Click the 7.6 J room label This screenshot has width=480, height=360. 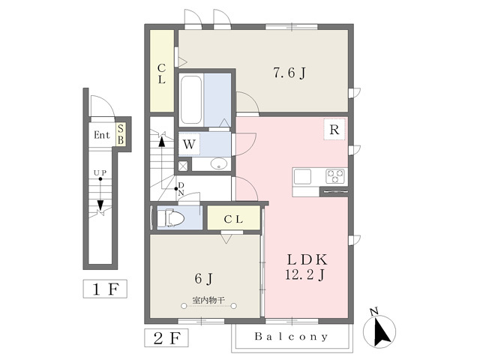[289, 73]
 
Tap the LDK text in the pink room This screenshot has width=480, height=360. [307, 259]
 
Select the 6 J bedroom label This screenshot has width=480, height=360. [203, 278]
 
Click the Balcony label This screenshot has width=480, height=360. [291, 337]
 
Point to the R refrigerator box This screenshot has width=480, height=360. [334, 130]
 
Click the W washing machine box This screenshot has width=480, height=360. [189, 143]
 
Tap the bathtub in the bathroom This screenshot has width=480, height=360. [191, 100]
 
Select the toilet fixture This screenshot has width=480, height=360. [170, 217]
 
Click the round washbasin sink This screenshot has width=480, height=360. [220, 163]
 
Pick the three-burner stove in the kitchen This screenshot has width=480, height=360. [335, 177]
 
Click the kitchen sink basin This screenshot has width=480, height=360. [302, 177]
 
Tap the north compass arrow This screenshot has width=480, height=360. [382, 331]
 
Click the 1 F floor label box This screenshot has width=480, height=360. [105, 289]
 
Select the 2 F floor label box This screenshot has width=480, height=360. [166, 338]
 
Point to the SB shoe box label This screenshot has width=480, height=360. [121, 134]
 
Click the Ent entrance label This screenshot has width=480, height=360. [102, 135]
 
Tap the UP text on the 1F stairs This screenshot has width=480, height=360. [100, 173]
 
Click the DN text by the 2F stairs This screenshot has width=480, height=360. [181, 189]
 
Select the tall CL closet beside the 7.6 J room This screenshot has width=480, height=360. [162, 71]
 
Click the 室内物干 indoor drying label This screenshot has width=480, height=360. [208, 300]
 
